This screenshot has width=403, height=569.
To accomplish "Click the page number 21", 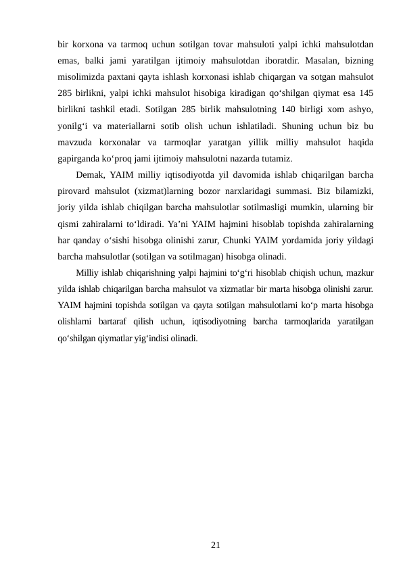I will [215, 544].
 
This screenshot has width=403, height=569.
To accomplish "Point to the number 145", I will [366, 94].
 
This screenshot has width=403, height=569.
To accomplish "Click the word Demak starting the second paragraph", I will [91, 176].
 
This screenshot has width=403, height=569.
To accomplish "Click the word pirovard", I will [76, 192].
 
